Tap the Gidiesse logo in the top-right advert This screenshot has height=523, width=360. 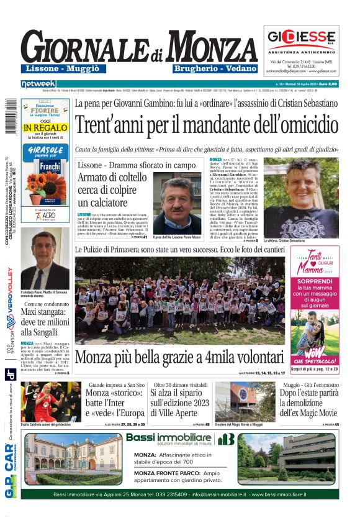(x=301, y=36)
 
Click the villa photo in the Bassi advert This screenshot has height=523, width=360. (x=73, y=460)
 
